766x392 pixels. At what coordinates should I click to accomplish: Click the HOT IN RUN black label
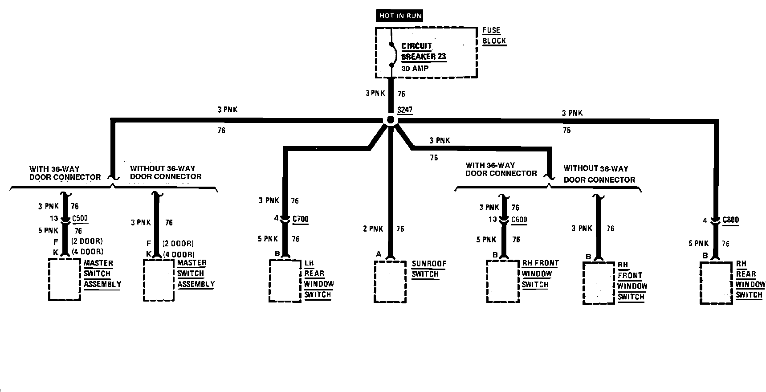(400, 16)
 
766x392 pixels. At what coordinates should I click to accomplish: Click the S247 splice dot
(391, 120)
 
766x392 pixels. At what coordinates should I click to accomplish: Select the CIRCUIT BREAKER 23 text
(423, 51)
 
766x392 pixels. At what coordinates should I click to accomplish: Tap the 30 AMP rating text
(415, 69)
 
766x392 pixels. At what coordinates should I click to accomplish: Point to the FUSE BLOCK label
(494, 36)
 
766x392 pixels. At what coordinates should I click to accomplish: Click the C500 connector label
(80, 219)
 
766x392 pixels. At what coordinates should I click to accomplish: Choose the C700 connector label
(300, 219)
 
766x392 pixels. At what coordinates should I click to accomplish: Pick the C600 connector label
(519, 219)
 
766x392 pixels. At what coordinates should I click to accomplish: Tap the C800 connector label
(730, 220)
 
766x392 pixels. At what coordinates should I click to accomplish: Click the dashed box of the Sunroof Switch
(390, 282)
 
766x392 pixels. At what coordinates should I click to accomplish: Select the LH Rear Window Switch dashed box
(285, 281)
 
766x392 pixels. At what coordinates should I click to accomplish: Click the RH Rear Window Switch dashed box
(716, 283)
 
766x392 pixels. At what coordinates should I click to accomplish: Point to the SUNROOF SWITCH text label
(428, 269)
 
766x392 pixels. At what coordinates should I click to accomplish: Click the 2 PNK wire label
(373, 229)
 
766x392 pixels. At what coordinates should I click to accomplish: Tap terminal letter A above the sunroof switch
(379, 254)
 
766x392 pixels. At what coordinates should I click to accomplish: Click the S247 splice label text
(404, 110)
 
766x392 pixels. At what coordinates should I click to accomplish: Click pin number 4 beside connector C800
(705, 220)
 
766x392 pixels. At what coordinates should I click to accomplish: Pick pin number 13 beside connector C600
(492, 219)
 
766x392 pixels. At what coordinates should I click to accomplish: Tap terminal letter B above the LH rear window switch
(277, 254)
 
